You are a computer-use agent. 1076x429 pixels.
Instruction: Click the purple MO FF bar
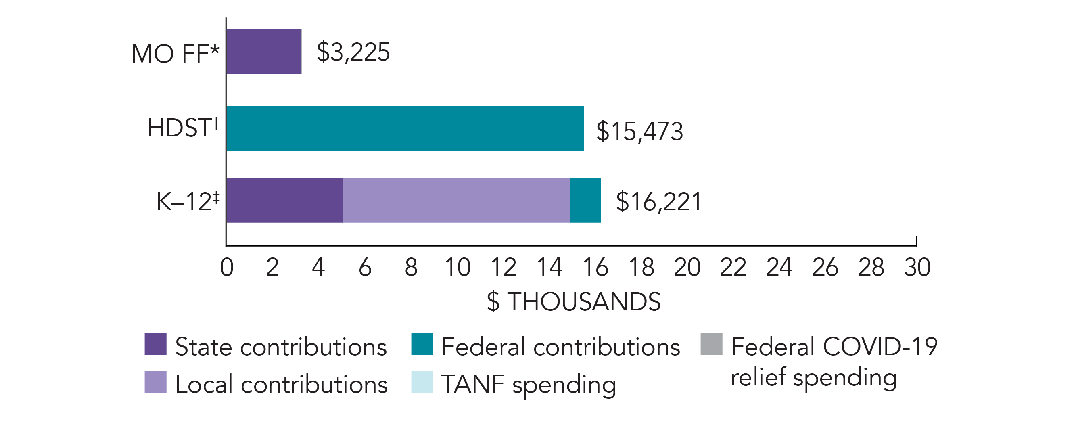point(264,52)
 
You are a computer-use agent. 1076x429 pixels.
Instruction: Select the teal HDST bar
point(405,128)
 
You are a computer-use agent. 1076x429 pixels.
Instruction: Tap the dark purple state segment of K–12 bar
point(284,200)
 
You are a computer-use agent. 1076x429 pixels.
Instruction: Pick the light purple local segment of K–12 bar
point(456,200)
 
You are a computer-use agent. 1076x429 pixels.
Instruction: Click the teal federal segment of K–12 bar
point(586,200)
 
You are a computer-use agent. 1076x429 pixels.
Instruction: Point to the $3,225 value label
point(353,52)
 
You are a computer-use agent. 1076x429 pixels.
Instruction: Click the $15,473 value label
point(639,131)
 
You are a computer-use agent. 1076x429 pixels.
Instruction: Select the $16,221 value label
point(658,202)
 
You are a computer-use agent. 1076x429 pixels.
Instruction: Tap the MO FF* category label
point(176,54)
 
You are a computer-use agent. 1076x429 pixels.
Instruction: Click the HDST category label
point(183,128)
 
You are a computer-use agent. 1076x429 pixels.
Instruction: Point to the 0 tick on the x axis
point(227,267)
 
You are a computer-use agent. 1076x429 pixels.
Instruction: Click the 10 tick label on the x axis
point(458,267)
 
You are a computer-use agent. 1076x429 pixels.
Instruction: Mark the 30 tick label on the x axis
point(917,267)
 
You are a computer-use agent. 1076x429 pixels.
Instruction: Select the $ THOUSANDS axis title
point(574,301)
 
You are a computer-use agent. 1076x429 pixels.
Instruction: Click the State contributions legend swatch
point(155,344)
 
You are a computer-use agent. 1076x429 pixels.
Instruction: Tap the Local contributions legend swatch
point(155,382)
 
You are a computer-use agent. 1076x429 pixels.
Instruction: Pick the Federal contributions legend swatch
point(422,344)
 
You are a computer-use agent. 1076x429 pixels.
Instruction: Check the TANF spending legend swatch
point(422,382)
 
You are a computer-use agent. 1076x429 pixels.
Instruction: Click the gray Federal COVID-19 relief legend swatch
point(711,344)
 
